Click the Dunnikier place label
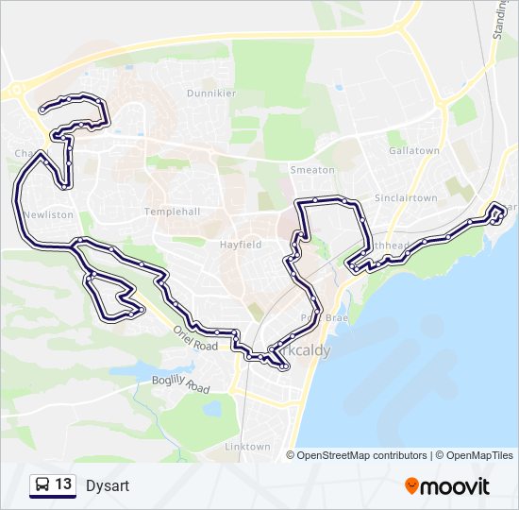pos(211,93)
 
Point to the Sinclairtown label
pos(406,198)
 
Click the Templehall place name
pos(173,212)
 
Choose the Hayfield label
pos(241,244)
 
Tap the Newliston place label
pos(47,214)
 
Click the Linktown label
pos(247,447)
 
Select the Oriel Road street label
pos(195,336)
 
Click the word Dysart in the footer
pos(107,486)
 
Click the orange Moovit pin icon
pos(411,486)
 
